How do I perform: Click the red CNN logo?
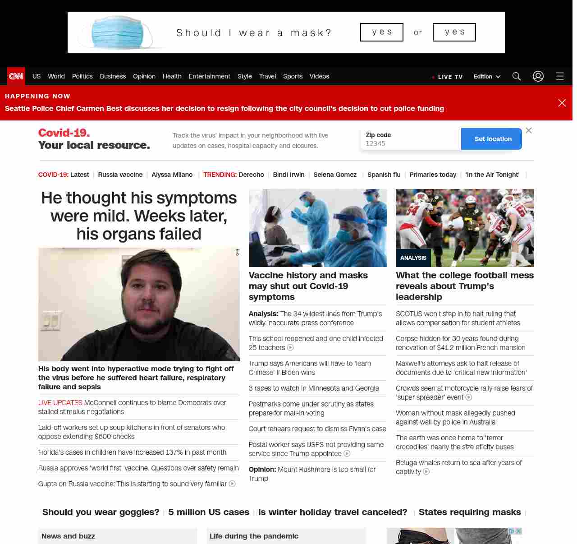pyautogui.click(x=16, y=76)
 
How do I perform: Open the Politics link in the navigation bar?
pyautogui.click(x=82, y=76)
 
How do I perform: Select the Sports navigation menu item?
pyautogui.click(x=293, y=76)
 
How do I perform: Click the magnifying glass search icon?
pyautogui.click(x=517, y=76)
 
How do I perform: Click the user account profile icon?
pyautogui.click(x=538, y=76)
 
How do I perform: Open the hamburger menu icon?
pyautogui.click(x=560, y=76)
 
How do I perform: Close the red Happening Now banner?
pyautogui.click(x=562, y=103)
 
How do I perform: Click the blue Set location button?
pyautogui.click(x=493, y=139)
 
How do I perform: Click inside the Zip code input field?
pyautogui.click(x=410, y=143)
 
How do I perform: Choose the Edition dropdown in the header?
pyautogui.click(x=487, y=77)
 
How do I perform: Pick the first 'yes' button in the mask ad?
pyautogui.click(x=382, y=32)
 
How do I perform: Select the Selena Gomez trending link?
pyautogui.click(x=335, y=175)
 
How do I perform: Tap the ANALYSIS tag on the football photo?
pyautogui.click(x=413, y=258)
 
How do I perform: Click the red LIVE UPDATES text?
pyautogui.click(x=60, y=403)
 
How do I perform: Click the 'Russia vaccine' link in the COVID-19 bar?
pyautogui.click(x=120, y=175)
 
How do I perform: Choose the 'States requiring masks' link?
pyautogui.click(x=470, y=512)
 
